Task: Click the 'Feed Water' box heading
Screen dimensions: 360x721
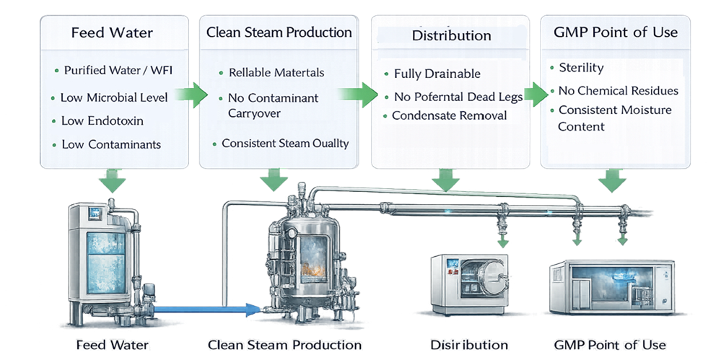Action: [112, 33]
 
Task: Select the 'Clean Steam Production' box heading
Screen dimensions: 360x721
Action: [279, 32]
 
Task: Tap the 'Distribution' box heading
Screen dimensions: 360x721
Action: [451, 35]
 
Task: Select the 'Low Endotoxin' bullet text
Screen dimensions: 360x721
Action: [102, 120]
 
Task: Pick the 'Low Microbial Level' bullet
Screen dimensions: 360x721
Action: [114, 97]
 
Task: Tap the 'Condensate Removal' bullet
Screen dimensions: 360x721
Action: [449, 115]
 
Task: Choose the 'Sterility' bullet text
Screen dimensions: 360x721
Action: [581, 68]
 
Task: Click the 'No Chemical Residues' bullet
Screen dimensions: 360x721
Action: [619, 91]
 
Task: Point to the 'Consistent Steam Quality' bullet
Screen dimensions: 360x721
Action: [284, 143]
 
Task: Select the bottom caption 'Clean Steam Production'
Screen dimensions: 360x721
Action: [284, 345]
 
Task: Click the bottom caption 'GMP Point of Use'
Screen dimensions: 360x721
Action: [609, 345]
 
